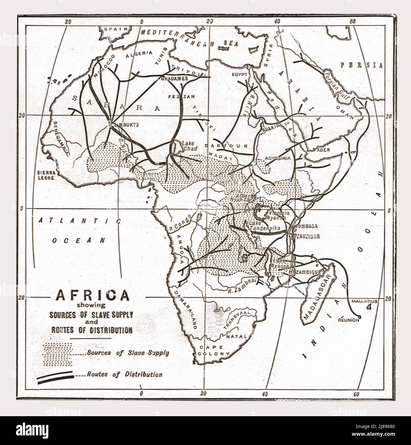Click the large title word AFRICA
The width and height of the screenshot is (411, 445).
click(x=93, y=295)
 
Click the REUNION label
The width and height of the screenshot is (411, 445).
click(x=350, y=320)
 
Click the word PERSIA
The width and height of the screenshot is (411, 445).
click(x=361, y=65)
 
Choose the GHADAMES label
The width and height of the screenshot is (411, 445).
click(x=174, y=78)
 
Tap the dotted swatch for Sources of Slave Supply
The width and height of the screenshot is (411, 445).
click(x=58, y=354)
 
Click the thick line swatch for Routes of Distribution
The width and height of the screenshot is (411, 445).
click(x=56, y=376)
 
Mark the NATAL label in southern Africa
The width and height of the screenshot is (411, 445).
click(x=236, y=336)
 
